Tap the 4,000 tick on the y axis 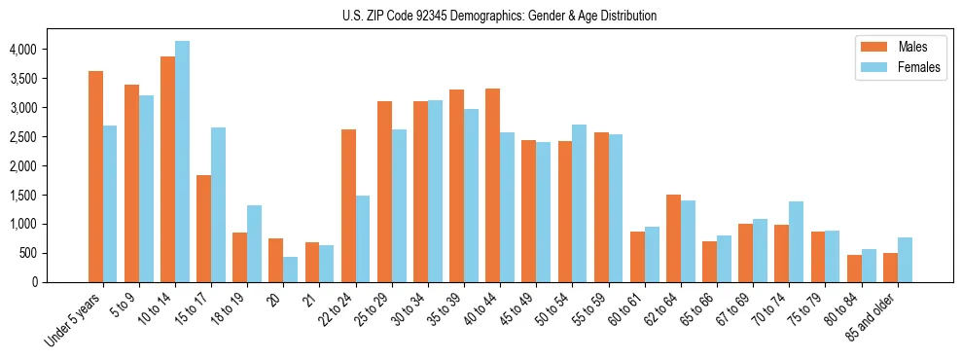[x=22, y=50]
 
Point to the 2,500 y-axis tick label [x=22, y=137]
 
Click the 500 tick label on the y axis [x=29, y=253]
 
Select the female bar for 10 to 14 [x=182, y=162]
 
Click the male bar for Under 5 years [x=95, y=176]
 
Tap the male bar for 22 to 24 [x=348, y=205]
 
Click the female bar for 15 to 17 [x=218, y=204]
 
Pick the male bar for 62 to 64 [x=673, y=238]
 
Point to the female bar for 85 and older [x=905, y=260]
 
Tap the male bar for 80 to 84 [x=854, y=269]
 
